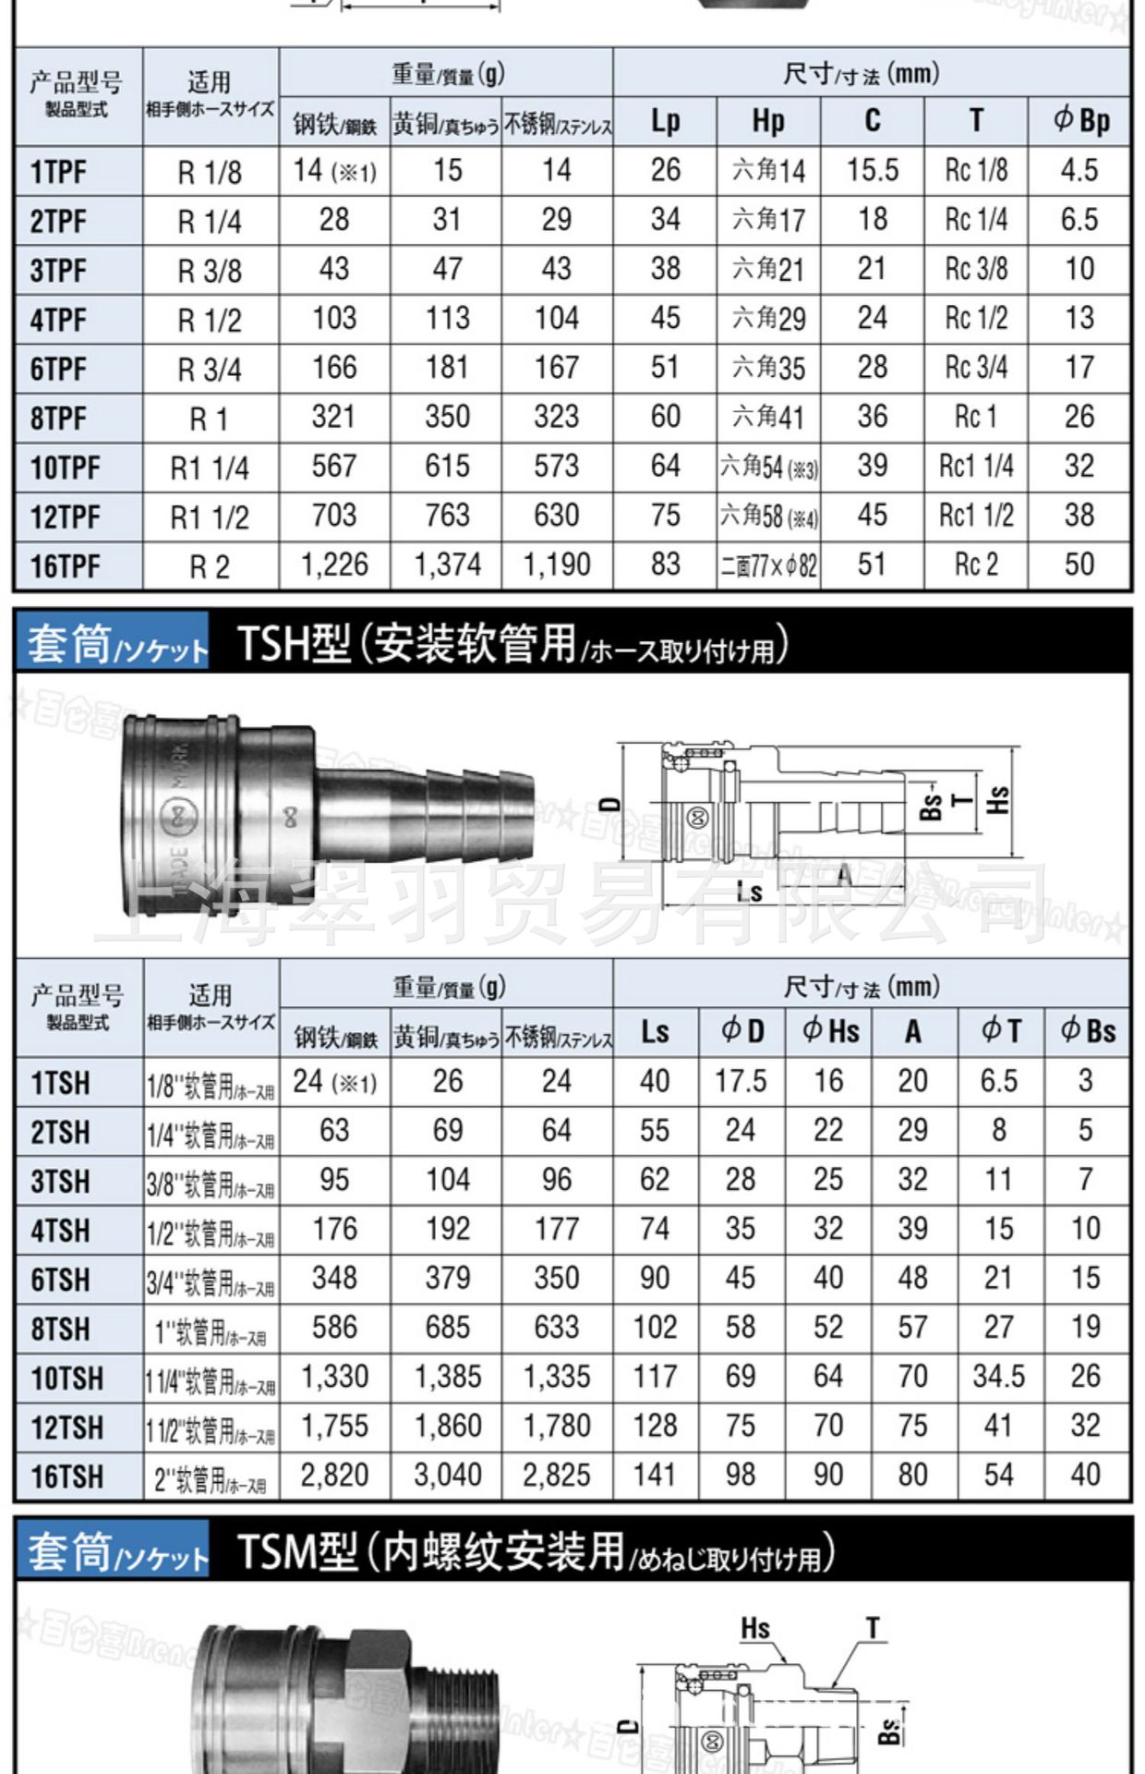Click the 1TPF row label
[x=59, y=172]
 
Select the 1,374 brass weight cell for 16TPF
[x=447, y=565]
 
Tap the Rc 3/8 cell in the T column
[x=976, y=269]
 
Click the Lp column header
[x=665, y=121]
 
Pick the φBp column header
[x=1079, y=121]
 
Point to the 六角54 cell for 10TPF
[x=768, y=467]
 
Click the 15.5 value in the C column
[x=873, y=170]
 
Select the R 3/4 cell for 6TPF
[x=210, y=370]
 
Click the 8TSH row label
[x=61, y=1330]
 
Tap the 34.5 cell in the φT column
[x=998, y=1377]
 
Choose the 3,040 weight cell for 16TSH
[x=447, y=1475]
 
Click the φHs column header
[x=829, y=1031]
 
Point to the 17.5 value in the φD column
[x=741, y=1081]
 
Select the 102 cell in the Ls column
[x=655, y=1328]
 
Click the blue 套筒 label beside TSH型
[x=68, y=644]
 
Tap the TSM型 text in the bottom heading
[x=295, y=1552]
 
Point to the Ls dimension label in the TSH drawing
[x=750, y=893]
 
